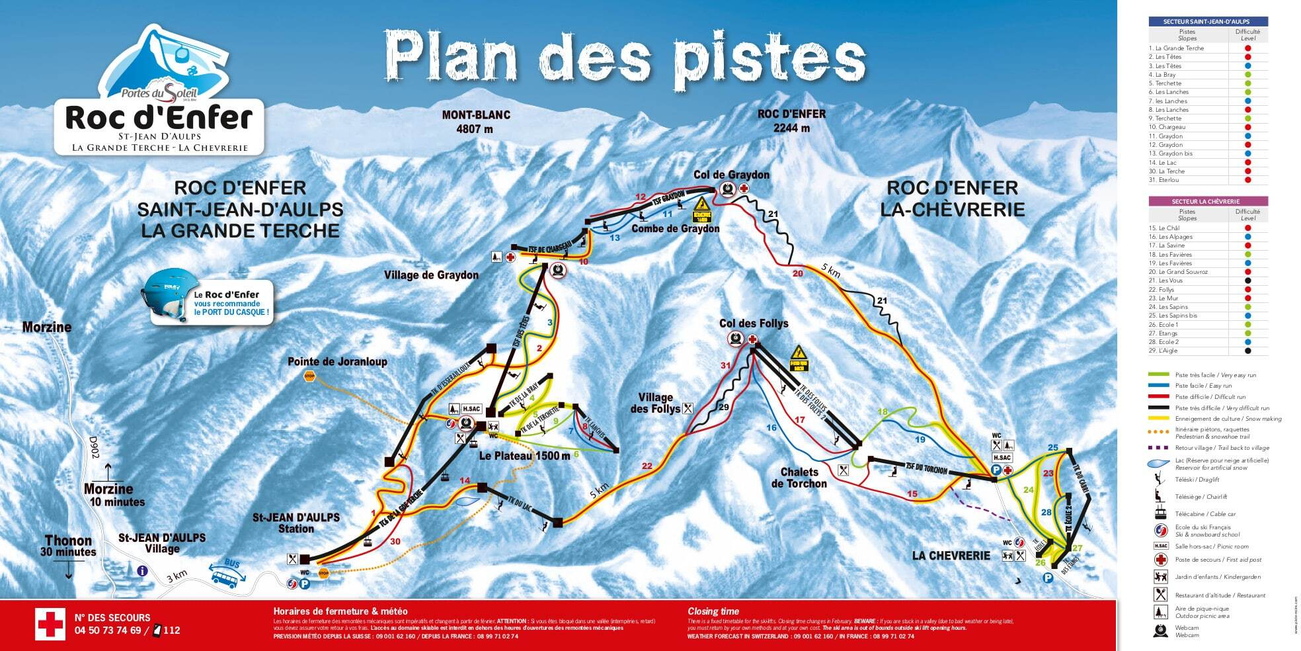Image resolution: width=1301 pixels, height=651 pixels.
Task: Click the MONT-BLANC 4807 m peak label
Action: click(x=476, y=122)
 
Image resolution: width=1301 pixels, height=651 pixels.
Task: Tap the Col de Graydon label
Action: click(x=731, y=175)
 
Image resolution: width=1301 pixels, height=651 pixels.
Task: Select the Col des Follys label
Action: click(x=754, y=324)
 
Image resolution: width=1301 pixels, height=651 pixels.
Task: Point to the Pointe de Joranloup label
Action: click(x=337, y=362)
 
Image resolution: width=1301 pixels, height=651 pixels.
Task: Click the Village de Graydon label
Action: click(x=431, y=275)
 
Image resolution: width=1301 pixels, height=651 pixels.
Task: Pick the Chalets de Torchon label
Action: click(x=799, y=478)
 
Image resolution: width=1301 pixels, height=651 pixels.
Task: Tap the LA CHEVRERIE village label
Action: click(x=951, y=556)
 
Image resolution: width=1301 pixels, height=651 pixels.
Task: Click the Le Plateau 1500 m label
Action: click(x=524, y=456)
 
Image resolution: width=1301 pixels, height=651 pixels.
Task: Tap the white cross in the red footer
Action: click(x=50, y=624)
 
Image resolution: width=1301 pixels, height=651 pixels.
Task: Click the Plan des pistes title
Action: click(x=625, y=56)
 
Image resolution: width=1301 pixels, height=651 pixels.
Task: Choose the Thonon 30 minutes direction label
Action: click(x=68, y=546)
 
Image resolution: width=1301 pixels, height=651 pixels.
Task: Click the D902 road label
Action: click(x=94, y=447)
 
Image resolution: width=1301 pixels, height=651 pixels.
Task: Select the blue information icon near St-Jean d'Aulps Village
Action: click(x=142, y=571)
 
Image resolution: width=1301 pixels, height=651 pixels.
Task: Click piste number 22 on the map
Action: click(x=647, y=466)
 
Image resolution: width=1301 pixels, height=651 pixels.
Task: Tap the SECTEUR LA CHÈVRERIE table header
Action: click(x=1208, y=201)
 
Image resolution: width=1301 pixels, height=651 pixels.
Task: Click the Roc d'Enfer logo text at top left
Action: click(x=159, y=118)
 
